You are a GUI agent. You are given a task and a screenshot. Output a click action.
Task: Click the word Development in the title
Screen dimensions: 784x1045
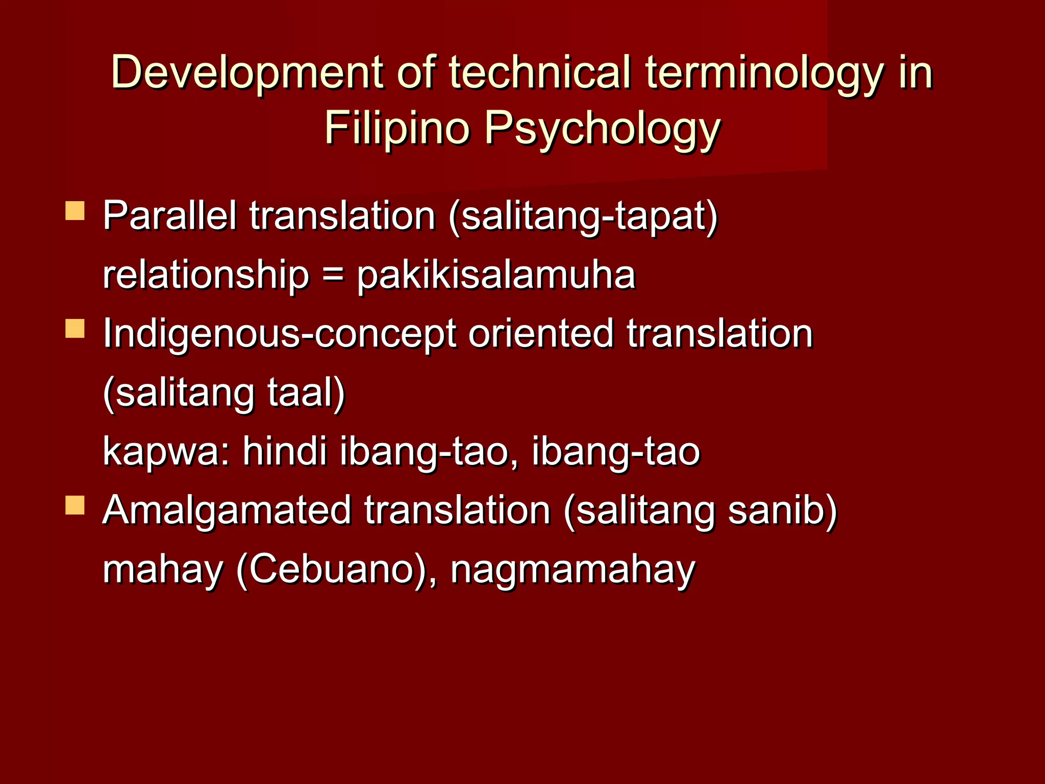coord(247,72)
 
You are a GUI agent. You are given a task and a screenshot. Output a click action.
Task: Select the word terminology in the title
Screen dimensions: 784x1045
coord(764,72)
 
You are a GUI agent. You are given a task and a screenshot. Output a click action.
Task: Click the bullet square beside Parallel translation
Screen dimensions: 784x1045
coord(75,211)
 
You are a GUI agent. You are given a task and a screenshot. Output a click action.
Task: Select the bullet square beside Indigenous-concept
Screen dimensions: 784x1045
coord(75,329)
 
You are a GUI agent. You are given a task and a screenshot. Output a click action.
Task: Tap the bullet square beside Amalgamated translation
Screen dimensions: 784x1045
coord(75,505)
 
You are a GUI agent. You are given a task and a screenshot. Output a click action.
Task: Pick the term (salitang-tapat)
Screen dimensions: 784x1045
coord(583,216)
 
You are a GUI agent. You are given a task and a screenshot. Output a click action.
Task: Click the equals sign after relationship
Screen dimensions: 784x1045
coord(333,276)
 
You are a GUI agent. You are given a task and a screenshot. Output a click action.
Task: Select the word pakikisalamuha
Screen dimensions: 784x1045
coord(496,276)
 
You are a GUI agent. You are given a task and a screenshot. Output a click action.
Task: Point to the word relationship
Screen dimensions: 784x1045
coord(206,276)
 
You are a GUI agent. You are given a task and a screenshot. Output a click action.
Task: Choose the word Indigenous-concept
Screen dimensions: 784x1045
coord(280,334)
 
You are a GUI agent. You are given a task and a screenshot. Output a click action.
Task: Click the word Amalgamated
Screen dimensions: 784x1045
coord(227,510)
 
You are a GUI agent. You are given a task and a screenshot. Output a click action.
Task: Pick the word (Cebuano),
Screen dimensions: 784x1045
coord(336,570)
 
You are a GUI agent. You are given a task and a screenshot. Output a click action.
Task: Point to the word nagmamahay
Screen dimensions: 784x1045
coord(573,571)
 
